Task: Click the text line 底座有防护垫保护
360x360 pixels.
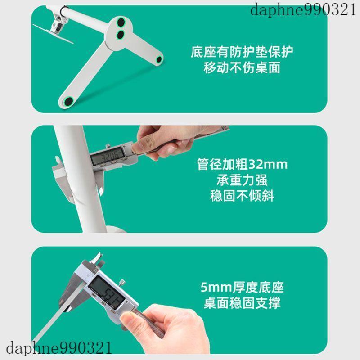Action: [242, 52]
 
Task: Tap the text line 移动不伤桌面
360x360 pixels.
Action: [242, 68]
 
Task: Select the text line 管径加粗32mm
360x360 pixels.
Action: [242, 164]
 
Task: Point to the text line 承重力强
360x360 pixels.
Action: [242, 180]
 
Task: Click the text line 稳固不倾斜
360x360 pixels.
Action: [242, 196]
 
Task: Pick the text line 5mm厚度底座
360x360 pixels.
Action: [242, 287]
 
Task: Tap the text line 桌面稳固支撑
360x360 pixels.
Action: [242, 303]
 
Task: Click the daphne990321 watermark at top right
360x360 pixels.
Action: [303, 10]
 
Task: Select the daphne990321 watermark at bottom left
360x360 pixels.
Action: [59, 347]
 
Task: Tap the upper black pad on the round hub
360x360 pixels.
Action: [121, 23]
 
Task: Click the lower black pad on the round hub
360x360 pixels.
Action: [121, 35]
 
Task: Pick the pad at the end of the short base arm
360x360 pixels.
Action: [159, 60]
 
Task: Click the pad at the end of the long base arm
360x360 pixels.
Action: [68, 101]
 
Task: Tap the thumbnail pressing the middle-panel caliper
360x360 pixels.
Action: [137, 147]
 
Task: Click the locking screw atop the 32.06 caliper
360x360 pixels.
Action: [108, 146]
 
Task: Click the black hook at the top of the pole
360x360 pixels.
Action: [64, 11]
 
